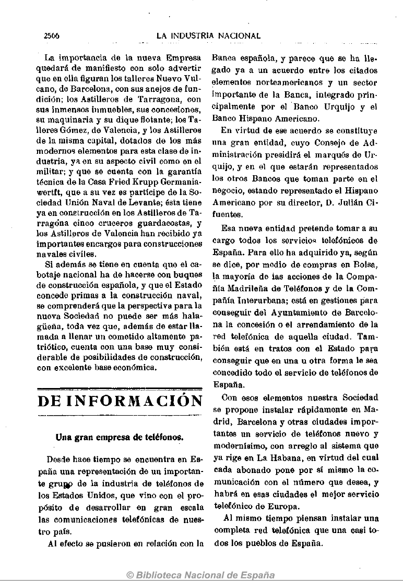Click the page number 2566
52,36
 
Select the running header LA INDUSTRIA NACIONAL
209,36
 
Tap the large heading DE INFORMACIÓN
121,401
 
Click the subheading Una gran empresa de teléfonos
120,438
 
